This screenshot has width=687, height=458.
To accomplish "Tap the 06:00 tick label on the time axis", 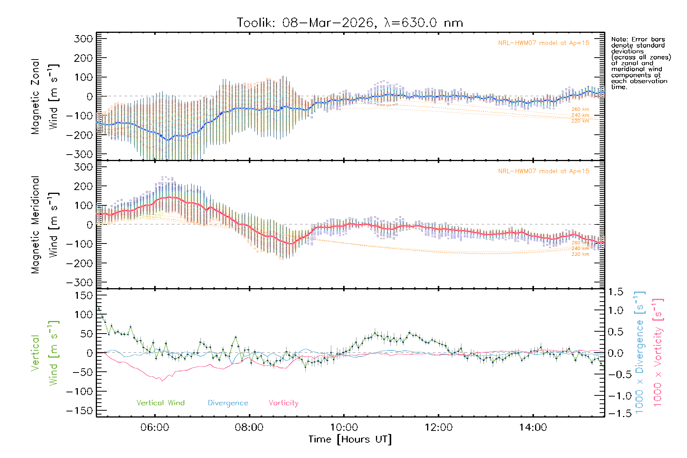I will point(155,427).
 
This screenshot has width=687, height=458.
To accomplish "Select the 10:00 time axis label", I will point(344,427).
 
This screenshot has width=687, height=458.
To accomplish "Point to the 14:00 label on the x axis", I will point(533,427).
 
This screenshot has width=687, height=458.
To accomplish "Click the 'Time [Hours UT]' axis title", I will point(350,440).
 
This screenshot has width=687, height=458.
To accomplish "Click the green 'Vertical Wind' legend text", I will point(160,403).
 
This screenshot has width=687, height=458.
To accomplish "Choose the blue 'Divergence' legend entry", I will point(228,403).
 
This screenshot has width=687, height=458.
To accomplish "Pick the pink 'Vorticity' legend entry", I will point(283,403).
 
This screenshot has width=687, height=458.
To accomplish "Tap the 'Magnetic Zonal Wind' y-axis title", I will point(45,96).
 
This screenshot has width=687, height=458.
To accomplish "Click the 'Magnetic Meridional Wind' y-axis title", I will point(45,224).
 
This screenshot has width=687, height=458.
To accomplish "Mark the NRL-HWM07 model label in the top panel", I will point(543,43).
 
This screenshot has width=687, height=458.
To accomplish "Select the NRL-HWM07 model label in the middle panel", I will point(543,171).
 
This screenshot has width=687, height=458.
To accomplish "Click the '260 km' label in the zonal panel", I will point(580,110).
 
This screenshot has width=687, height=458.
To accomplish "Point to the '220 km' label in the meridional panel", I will point(580,254).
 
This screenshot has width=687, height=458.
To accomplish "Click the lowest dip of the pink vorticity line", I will point(162,381).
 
